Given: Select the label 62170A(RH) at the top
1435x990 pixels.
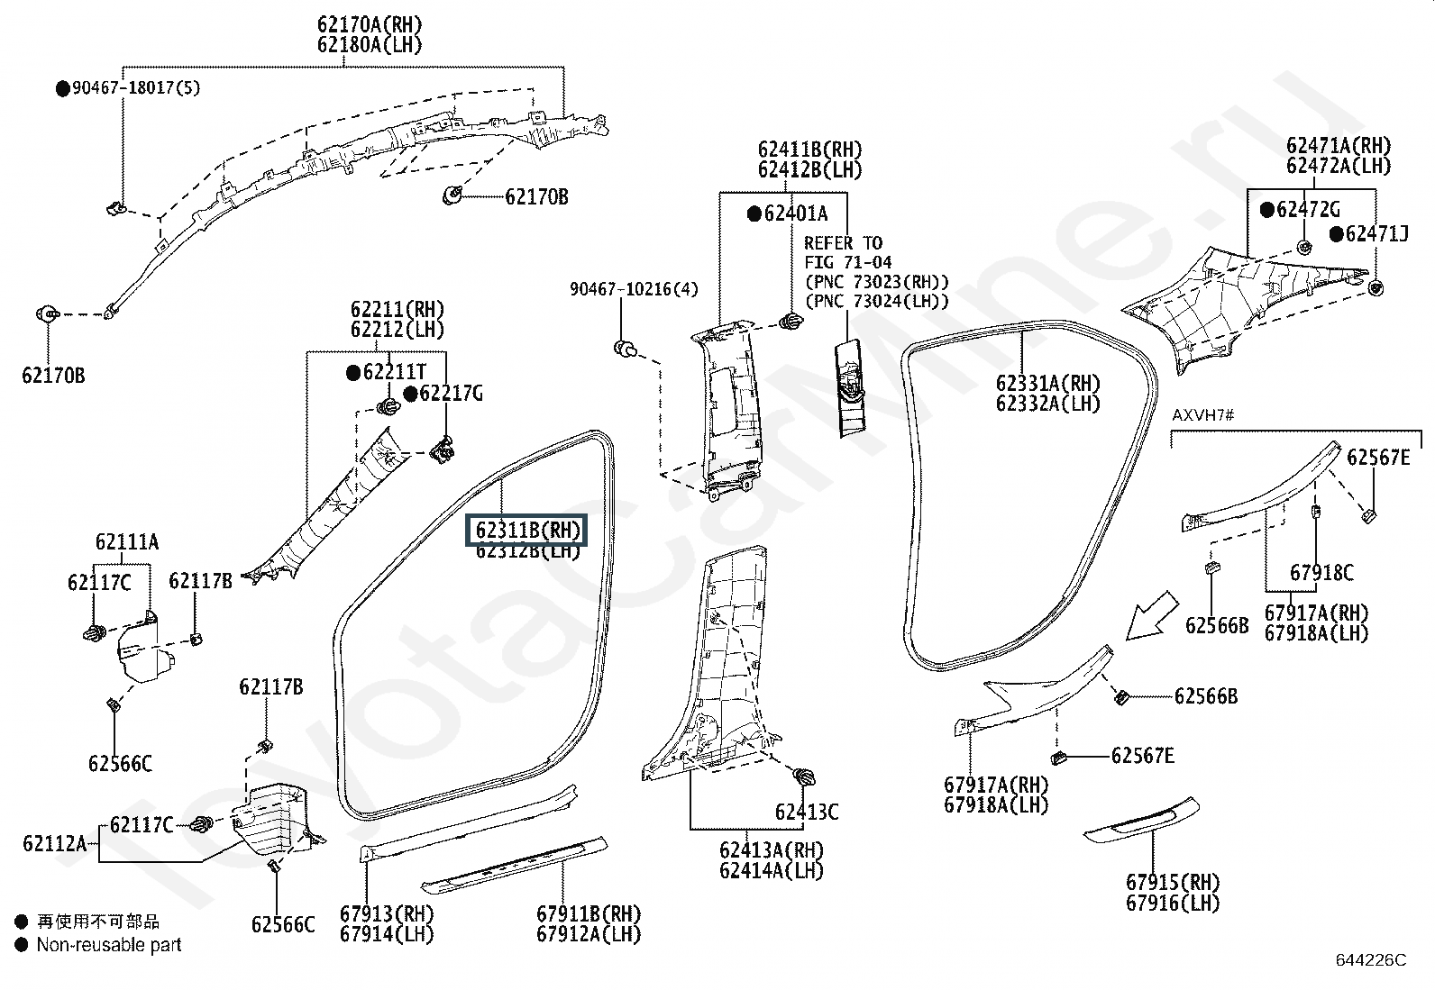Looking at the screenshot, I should [370, 25].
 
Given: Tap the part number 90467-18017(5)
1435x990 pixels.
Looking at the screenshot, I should [136, 87].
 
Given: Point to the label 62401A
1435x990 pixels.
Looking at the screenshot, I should [795, 213].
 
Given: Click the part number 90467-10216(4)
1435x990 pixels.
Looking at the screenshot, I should [634, 289].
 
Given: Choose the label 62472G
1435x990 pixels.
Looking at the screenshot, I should [1308, 210].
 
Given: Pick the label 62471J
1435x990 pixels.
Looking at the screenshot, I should [1376, 234].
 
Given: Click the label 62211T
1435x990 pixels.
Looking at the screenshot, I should [394, 372].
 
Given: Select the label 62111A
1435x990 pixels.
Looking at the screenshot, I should [127, 541].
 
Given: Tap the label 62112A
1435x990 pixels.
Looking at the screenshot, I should [54, 843].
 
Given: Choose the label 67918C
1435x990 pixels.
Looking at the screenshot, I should [1321, 573].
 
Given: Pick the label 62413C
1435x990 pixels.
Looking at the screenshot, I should [807, 813].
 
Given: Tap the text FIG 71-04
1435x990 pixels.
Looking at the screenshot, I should [847, 263].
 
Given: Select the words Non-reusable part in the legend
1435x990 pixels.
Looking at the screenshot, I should [108, 945].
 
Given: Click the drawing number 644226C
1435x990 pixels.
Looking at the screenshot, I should [1370, 960].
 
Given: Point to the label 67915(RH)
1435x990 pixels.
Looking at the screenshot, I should [1172, 883].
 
